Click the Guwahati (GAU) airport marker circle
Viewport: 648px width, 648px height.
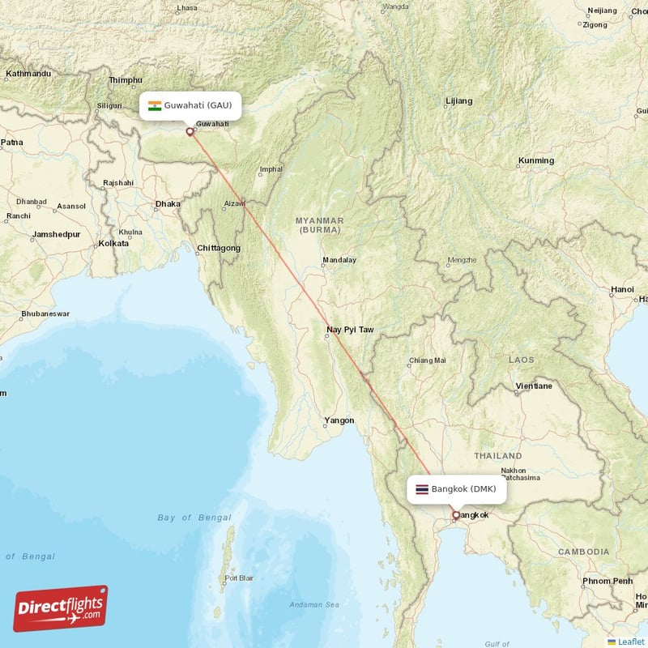[x=190, y=131]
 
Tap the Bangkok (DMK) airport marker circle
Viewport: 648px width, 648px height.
[x=455, y=514]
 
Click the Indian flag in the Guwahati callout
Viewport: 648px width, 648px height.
[x=154, y=105]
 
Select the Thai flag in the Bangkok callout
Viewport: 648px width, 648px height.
[x=421, y=489]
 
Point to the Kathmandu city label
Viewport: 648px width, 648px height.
[x=28, y=74]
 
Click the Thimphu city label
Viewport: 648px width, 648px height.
[x=126, y=80]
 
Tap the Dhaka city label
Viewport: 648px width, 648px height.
[x=168, y=204]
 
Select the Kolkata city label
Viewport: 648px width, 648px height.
[x=113, y=243]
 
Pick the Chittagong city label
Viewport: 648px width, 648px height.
[x=218, y=248]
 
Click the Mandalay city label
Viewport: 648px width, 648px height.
[x=339, y=261]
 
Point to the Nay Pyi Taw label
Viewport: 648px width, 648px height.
[x=350, y=330]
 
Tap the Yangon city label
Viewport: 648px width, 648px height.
[x=339, y=420]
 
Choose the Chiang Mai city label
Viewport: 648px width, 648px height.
[x=428, y=360]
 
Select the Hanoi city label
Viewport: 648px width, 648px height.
[x=622, y=289]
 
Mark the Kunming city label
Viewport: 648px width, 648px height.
[x=536, y=160]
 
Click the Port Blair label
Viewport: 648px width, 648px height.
[x=240, y=578]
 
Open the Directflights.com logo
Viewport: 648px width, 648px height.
[x=61, y=608]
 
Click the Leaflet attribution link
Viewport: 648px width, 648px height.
[x=630, y=642]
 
